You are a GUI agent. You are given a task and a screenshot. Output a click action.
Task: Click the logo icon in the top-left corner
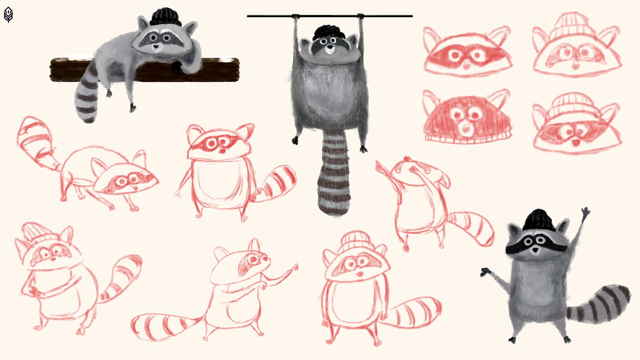[8, 15]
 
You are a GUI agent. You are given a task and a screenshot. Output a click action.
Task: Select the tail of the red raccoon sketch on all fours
[37, 140]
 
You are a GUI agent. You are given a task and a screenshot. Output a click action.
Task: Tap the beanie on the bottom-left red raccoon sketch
[37, 233]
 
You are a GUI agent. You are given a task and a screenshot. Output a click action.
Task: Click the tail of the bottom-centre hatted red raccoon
[413, 312]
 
